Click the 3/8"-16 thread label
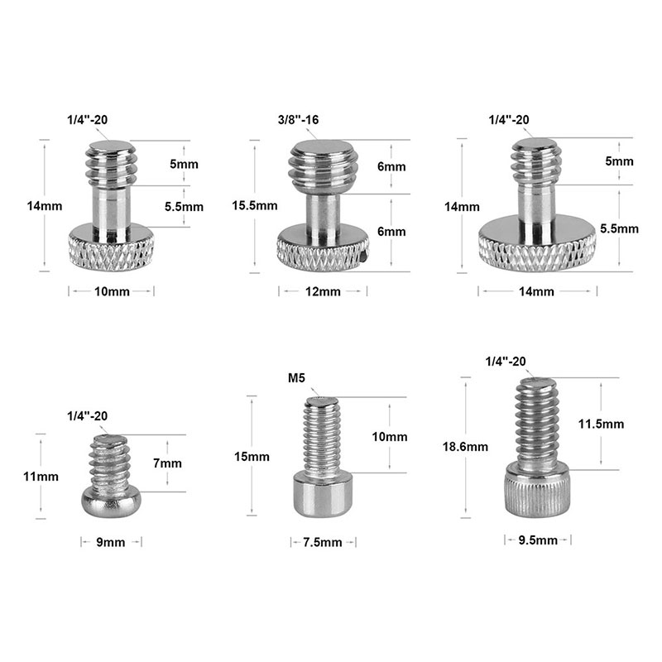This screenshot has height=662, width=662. [x=298, y=120]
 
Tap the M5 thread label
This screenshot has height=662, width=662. [x=296, y=378]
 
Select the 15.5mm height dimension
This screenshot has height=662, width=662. [x=255, y=205]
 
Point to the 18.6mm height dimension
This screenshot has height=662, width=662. [x=465, y=447]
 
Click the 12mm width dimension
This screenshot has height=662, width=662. [x=323, y=292]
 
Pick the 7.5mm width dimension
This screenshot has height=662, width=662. [x=323, y=542]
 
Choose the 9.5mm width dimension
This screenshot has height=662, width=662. [x=538, y=540]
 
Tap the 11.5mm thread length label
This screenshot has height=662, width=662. [x=601, y=424]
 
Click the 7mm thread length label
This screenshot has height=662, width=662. [x=167, y=463]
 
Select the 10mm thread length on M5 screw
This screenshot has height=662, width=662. [x=389, y=437]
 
